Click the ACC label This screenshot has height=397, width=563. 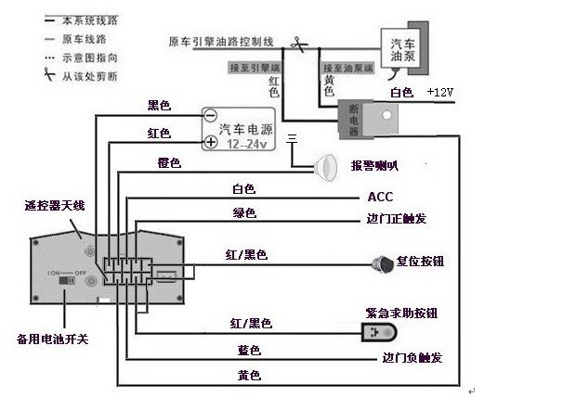pyautogui.click(x=381, y=197)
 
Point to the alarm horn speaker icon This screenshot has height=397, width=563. pyautogui.click(x=325, y=166)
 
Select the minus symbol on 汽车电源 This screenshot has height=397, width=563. pyautogui.click(x=211, y=118)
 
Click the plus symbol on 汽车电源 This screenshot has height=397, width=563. pyautogui.click(x=211, y=142)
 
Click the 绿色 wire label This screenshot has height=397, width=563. pyautogui.click(x=244, y=213)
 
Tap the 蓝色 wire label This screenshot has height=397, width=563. pyautogui.click(x=249, y=350)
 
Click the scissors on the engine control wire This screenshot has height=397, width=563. pyautogui.click(x=295, y=42)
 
